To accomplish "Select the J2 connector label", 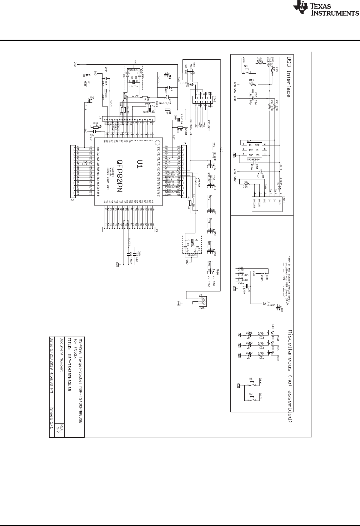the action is (x=72, y=199).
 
